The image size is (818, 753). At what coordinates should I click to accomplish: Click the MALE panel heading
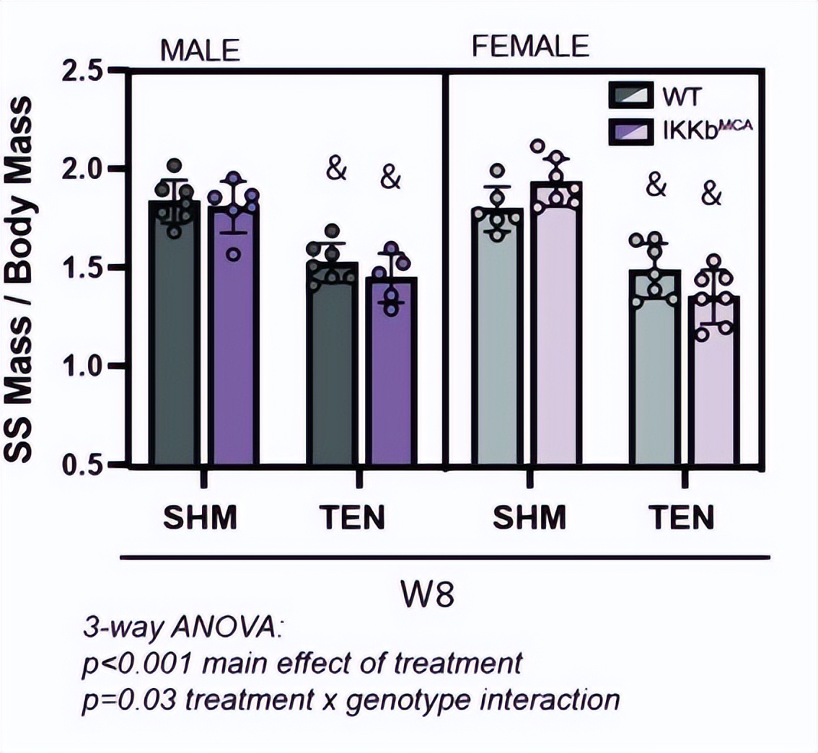pyautogui.click(x=200, y=51)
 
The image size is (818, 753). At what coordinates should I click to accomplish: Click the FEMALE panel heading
pyautogui.click(x=530, y=46)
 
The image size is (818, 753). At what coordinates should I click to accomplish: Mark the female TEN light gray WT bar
pyautogui.click(x=654, y=375)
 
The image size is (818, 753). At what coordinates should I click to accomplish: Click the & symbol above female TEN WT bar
pyautogui.click(x=655, y=185)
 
